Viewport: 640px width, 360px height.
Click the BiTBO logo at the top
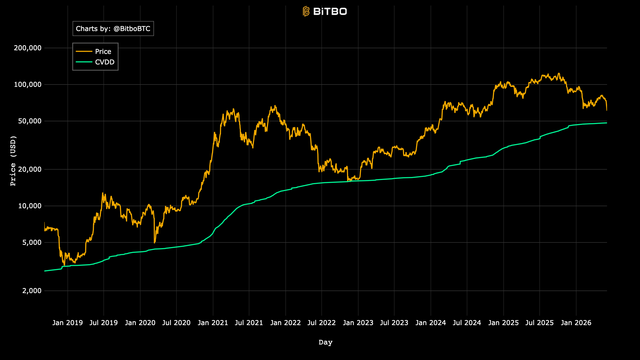324,11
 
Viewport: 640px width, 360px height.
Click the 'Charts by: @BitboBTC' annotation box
113,29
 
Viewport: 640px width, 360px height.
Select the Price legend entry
93,51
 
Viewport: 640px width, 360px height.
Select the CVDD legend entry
95,62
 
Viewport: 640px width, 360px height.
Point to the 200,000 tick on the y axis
28,48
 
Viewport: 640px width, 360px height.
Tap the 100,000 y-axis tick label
28,84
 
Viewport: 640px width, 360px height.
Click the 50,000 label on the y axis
29,121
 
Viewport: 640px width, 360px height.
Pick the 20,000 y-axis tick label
29,169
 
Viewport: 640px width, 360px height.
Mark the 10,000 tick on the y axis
29,206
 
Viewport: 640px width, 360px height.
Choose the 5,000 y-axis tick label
31,242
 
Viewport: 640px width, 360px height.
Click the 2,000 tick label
31,291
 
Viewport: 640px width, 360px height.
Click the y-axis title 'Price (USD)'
13,161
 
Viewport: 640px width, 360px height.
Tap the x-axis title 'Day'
325,342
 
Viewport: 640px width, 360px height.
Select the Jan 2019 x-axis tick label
67,323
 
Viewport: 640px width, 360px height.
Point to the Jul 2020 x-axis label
176,323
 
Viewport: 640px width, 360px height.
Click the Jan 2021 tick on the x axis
213,323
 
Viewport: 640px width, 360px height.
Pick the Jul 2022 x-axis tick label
321,323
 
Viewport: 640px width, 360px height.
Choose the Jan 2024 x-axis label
431,323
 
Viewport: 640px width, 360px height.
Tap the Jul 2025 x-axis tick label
539,323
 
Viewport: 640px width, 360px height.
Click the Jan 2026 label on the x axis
576,323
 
